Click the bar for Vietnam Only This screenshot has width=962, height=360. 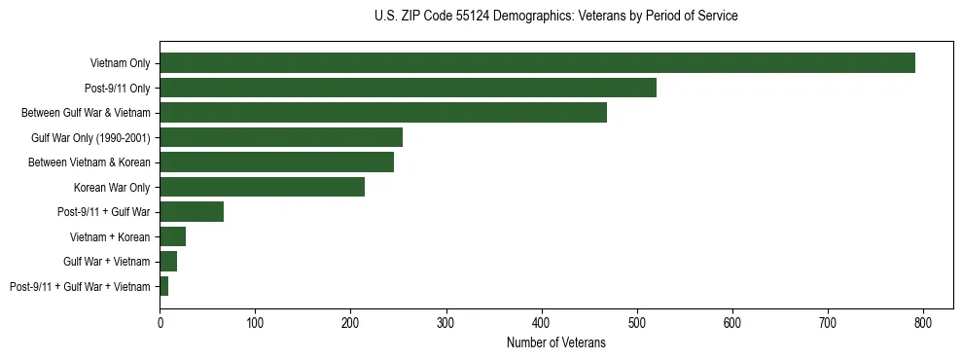click(x=537, y=63)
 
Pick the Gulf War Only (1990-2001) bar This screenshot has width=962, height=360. click(x=281, y=137)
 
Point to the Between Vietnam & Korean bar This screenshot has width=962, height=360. click(x=276, y=162)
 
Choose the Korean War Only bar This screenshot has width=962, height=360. click(x=262, y=187)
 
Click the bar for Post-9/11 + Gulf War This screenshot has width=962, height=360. click(x=192, y=212)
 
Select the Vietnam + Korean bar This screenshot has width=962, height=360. click(x=172, y=236)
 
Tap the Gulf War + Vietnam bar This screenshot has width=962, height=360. click(x=168, y=262)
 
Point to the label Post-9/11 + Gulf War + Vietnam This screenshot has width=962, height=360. click(x=80, y=287)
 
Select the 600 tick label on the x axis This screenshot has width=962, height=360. click(x=732, y=323)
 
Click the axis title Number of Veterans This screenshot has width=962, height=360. click(x=555, y=342)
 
